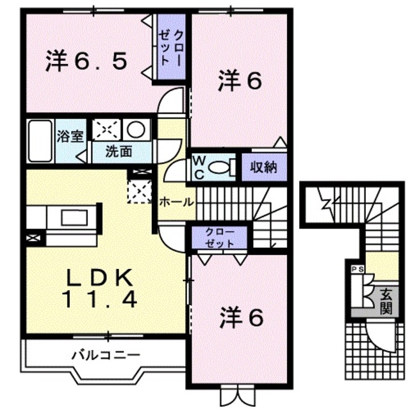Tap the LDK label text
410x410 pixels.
(x=101, y=277)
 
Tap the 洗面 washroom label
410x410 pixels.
(x=119, y=152)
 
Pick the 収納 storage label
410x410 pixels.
(x=263, y=168)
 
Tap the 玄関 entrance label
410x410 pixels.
(x=386, y=302)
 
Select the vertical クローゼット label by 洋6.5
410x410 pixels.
(x=172, y=49)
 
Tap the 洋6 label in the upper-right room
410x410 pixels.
(x=240, y=81)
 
